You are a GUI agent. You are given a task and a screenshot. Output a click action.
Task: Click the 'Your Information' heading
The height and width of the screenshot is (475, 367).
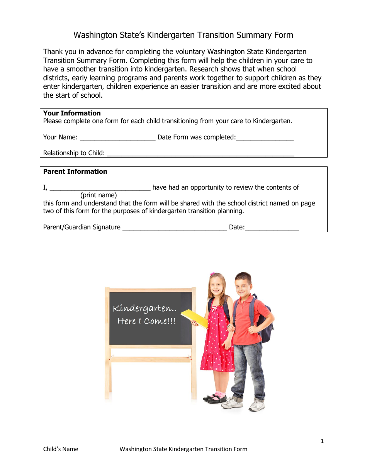tap(72, 113)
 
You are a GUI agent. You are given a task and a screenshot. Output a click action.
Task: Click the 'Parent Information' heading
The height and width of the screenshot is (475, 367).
tap(75, 171)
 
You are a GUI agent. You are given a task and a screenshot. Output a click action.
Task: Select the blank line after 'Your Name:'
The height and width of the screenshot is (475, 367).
tap(117, 138)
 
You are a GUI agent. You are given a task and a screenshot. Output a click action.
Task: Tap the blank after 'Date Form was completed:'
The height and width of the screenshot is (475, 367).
tap(265, 138)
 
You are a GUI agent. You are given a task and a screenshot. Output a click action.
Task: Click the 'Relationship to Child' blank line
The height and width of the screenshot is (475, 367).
tap(200, 154)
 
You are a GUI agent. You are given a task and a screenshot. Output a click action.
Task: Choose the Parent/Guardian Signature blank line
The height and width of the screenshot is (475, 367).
tap(174, 228)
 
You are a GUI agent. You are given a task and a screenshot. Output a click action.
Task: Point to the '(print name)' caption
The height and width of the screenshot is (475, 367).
tap(99, 195)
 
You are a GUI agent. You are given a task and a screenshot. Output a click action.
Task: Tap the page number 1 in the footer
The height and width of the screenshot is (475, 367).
tap(322, 441)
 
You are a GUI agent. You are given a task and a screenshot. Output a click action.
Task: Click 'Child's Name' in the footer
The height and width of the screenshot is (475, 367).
tap(60, 449)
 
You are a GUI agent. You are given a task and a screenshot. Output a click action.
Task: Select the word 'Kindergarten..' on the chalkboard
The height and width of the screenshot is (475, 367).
tap(144, 309)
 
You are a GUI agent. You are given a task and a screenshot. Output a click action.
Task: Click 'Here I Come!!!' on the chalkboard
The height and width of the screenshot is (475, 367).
tap(146, 321)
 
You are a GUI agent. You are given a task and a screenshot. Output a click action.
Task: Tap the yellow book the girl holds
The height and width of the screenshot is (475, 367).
tap(194, 318)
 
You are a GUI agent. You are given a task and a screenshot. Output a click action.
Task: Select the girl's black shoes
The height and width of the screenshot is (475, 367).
tap(215, 398)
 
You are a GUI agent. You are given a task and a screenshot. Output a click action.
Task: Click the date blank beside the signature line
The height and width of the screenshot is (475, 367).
tap(272, 228)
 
